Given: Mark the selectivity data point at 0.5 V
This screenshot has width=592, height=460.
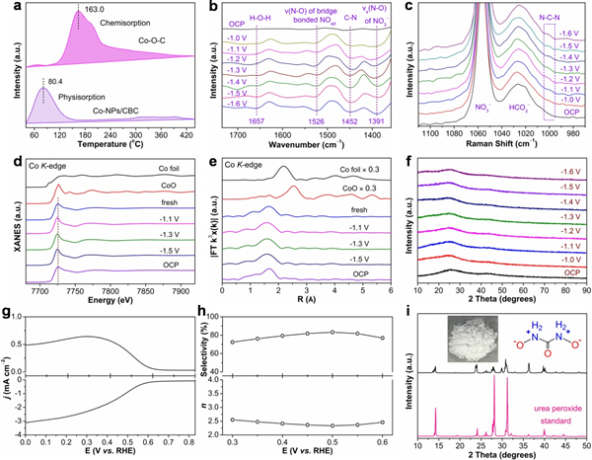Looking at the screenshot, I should [333, 332].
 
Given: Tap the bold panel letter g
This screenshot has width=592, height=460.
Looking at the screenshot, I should [7, 311].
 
